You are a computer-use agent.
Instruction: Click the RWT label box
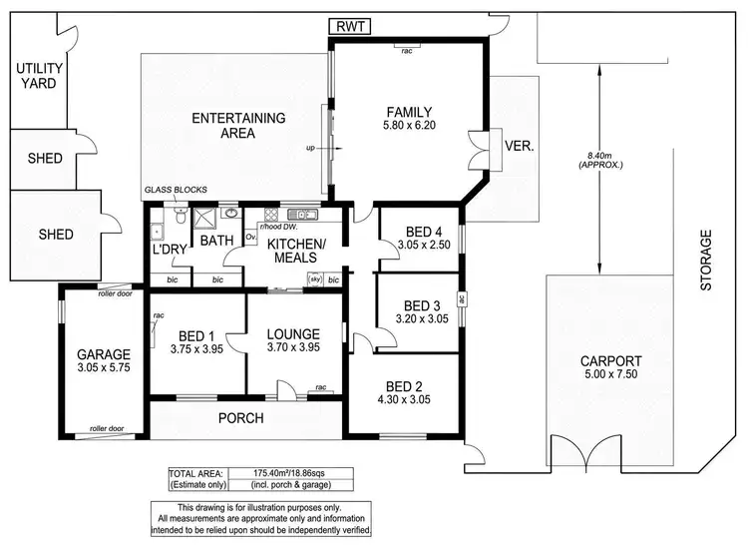[x=350, y=28]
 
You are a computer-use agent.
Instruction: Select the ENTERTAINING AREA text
[x=238, y=125]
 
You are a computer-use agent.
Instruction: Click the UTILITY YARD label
[x=36, y=76]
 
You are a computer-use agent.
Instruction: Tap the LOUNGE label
[x=293, y=334]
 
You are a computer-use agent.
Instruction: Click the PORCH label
[x=240, y=417]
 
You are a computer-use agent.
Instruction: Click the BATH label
[x=215, y=241]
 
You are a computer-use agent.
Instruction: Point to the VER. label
[x=521, y=146]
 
